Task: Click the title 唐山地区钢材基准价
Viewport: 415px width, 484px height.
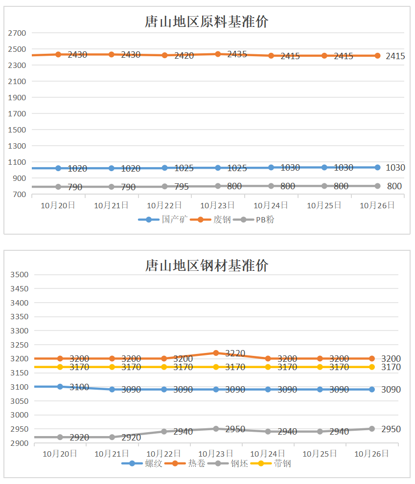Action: coord(207,265)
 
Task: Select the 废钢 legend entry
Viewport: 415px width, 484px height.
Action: coord(211,220)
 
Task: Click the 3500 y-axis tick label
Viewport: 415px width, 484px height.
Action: coord(20,275)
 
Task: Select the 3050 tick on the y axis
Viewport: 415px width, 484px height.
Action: coord(20,401)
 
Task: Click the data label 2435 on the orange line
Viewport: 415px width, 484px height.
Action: coord(237,54)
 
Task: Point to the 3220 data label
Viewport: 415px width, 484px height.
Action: coord(235,353)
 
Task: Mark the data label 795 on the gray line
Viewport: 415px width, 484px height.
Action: coord(184,187)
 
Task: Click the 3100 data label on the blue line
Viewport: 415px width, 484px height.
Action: coord(79,387)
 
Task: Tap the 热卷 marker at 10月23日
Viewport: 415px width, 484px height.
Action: coord(216,352)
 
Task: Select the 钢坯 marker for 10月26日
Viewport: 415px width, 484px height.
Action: coord(371,429)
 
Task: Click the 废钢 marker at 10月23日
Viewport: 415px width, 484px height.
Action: coord(218,54)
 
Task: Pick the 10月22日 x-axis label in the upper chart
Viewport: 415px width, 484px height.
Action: coord(164,206)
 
